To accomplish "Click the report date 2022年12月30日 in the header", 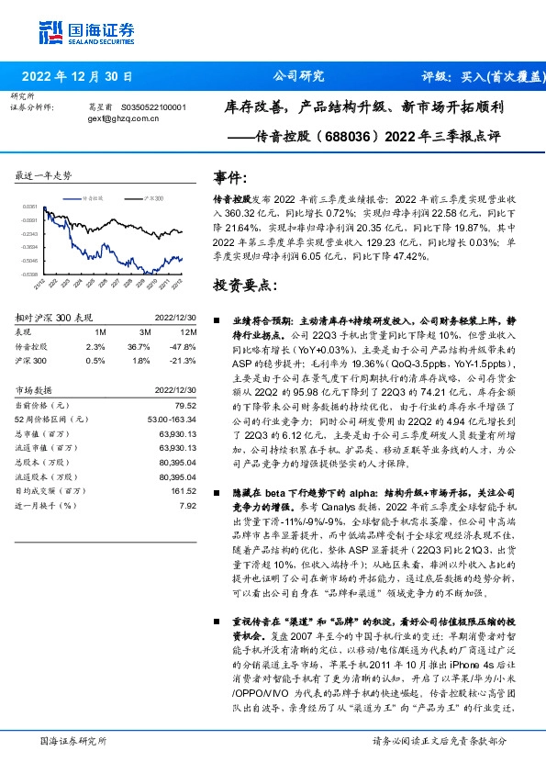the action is click(78, 76).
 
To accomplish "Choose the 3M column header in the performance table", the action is click(144, 330).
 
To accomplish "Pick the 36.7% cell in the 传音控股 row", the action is click(139, 345).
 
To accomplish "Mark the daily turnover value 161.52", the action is click(184, 491).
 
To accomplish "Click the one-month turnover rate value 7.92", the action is click(188, 505).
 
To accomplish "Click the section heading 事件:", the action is click(229, 176).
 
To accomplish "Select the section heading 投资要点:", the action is click(243, 286).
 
